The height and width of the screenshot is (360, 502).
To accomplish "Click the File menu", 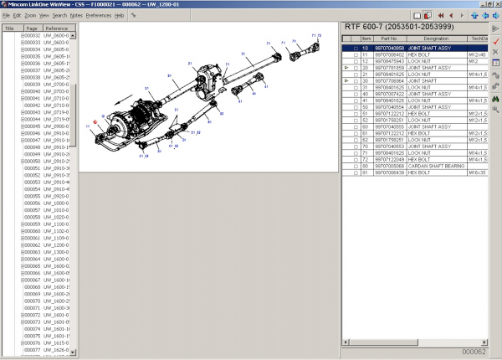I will pos(6,15).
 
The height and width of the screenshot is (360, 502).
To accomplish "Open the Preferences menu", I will pos(98,15).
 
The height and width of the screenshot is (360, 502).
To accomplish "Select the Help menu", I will pos(119,15).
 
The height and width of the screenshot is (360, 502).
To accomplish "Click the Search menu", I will pos(59,15).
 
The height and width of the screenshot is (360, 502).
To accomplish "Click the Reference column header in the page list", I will pos(57,28).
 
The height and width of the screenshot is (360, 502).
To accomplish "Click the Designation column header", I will pos(436,39).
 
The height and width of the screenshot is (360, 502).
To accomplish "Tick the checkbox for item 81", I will pos(356,172).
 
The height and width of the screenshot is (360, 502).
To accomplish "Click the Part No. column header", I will pos(388,39).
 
